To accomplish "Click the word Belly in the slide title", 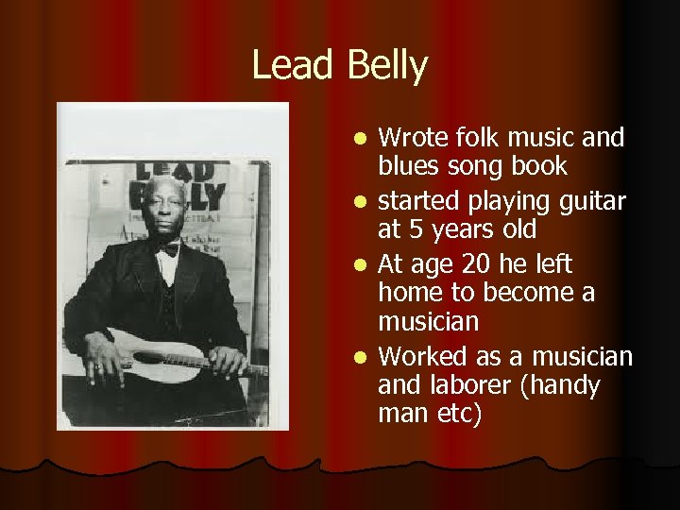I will (387, 66).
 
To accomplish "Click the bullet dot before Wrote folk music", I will (360, 140).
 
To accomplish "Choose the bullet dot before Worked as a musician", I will (360, 358).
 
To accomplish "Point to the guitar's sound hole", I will (148, 358).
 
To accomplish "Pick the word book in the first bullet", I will (542, 166).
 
